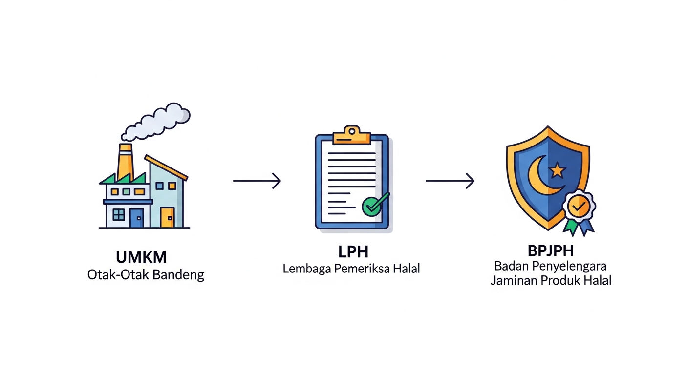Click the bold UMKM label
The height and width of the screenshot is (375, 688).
[x=141, y=257]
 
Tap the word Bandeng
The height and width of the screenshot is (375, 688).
[x=178, y=275]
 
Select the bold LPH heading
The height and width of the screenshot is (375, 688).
[x=353, y=252]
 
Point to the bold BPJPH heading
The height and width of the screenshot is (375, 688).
[x=550, y=251]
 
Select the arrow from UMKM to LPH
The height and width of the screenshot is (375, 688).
[x=257, y=181]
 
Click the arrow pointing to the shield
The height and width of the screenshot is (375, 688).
[x=450, y=181]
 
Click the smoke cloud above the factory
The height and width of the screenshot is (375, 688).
[x=156, y=122]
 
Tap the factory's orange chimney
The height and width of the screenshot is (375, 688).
[x=125, y=162]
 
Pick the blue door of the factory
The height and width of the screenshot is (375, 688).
[x=137, y=218]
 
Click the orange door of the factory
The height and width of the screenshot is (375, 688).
[x=168, y=217]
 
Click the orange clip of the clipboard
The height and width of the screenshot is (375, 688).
[x=352, y=135]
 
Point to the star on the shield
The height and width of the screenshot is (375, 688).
[x=557, y=170]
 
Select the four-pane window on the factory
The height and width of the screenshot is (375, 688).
[x=119, y=214]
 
